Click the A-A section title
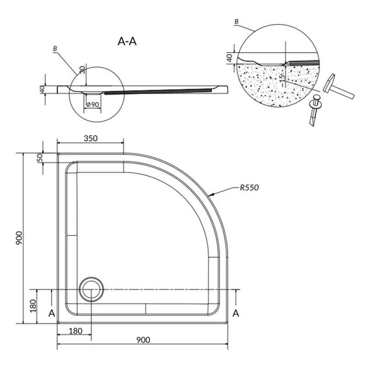[x=127, y=41]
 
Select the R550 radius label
[x=249, y=188]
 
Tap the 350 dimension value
[x=91, y=139]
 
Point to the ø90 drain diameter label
[x=93, y=105]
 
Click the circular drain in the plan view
[x=91, y=289]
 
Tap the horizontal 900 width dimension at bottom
[x=143, y=340]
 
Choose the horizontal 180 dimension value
[x=75, y=331]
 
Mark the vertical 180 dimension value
[x=33, y=306]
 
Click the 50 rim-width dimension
[x=40, y=157]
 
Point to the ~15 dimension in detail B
[x=282, y=80]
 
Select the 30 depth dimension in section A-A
[x=82, y=70]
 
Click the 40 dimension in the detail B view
[x=230, y=58]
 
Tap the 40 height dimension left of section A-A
[x=42, y=89]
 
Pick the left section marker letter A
[x=52, y=313]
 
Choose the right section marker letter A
[x=236, y=313]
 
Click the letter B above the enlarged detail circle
[x=237, y=22]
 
